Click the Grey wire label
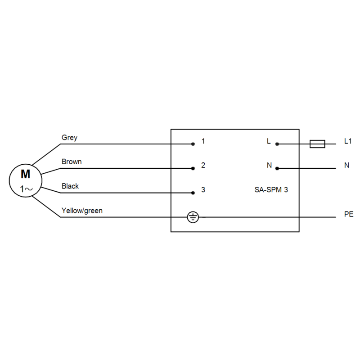point(69,138)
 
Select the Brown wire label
point(72,162)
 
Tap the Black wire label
point(70,186)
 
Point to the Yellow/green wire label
point(82,211)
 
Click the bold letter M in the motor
point(26,174)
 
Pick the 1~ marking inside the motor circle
point(26,189)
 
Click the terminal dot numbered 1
point(193,144)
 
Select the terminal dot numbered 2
point(193,168)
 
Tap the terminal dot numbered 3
point(193,193)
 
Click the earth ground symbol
point(193,217)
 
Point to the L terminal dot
point(277,144)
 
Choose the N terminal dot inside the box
point(277,168)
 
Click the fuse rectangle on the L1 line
point(317,144)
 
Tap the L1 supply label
point(348,141)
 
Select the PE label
point(349,214)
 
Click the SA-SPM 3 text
point(271,189)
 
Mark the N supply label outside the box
point(346,165)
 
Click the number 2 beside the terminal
point(203,165)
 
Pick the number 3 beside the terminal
point(203,189)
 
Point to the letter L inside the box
point(269,141)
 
